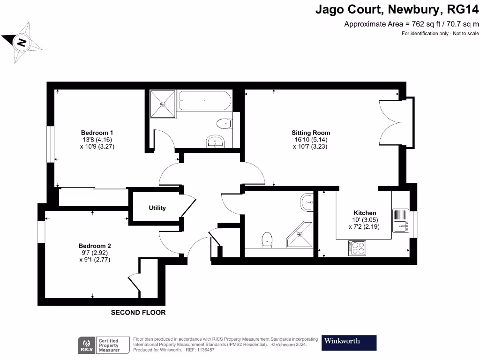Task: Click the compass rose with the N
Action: [22, 43]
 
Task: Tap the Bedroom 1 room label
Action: [97, 133]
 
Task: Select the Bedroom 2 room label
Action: [95, 246]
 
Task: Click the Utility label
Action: [157, 208]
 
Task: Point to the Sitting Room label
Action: [311, 133]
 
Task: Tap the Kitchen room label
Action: [364, 213]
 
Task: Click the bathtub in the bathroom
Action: [204, 101]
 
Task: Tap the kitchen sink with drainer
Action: [401, 220]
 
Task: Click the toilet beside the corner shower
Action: [267, 239]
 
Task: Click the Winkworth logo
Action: [349, 343]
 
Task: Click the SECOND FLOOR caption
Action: [138, 312]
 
